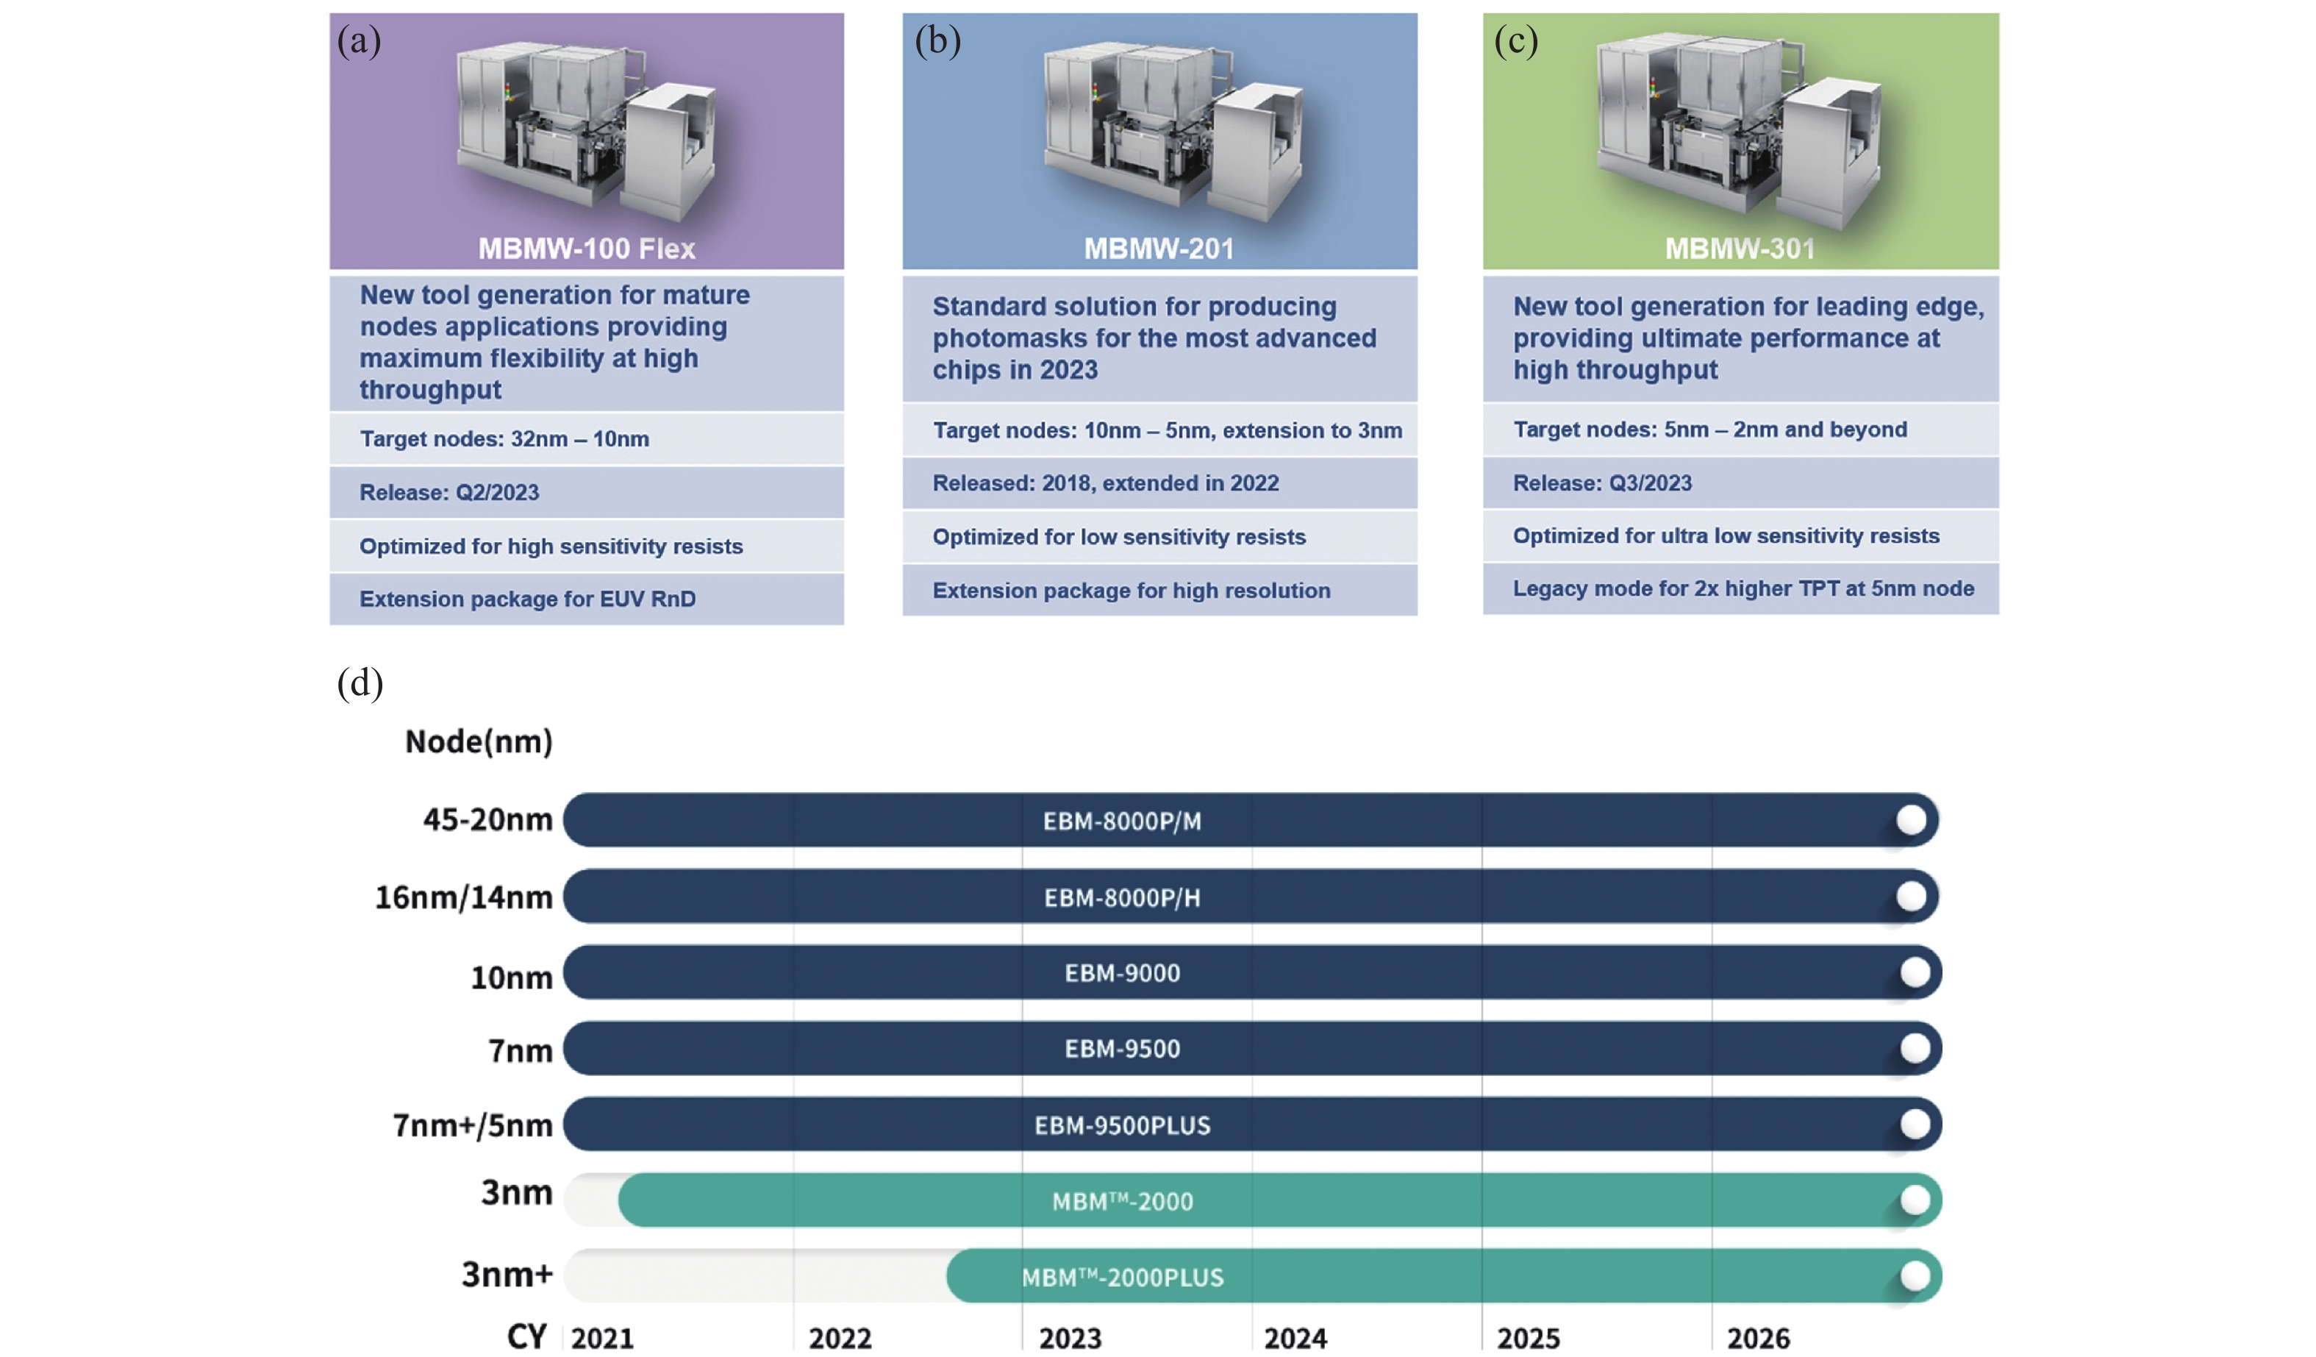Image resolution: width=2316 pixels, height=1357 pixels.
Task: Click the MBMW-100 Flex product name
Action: tap(587, 249)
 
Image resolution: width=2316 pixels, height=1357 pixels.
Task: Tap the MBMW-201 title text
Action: tap(1158, 249)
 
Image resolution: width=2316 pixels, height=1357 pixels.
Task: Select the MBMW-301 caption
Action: tap(1740, 249)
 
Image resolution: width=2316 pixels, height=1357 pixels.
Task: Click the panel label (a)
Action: tap(359, 40)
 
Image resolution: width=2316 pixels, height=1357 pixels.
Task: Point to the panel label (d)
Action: tap(360, 683)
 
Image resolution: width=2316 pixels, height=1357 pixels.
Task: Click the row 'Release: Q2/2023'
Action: tap(449, 493)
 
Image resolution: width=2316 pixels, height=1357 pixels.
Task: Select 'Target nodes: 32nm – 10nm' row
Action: tap(504, 438)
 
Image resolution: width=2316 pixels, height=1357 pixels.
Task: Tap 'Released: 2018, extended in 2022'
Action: tap(1106, 484)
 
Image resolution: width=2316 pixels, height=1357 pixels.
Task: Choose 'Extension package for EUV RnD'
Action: tap(528, 599)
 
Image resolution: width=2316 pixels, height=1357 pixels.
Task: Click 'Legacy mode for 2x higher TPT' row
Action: tap(1743, 588)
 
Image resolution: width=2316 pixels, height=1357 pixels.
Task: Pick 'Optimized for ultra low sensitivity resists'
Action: tap(1726, 536)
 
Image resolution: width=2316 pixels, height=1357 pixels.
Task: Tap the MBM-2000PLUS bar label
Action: tap(1122, 1277)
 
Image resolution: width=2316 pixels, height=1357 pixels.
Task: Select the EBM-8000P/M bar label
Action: tap(1122, 821)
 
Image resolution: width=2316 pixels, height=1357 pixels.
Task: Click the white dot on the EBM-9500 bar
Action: tap(1915, 1048)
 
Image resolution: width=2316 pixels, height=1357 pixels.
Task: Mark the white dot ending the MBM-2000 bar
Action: tap(1915, 1200)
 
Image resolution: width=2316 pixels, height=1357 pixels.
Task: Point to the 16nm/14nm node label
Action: tap(464, 897)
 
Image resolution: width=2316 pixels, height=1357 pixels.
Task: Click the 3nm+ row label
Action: tap(507, 1274)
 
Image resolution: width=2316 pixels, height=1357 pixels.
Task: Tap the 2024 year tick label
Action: tap(1295, 1338)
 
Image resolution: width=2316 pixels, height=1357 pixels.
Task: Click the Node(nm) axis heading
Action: tap(479, 741)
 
